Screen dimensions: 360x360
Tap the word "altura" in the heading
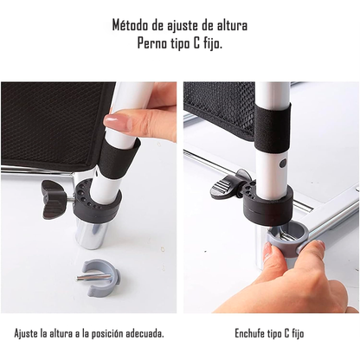pyautogui.click(x=227, y=25)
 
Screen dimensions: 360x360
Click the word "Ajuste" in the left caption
pyautogui.click(x=27, y=333)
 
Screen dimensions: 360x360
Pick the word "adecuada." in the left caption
pyautogui.click(x=139, y=333)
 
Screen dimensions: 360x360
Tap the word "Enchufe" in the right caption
pyautogui.click(x=250, y=333)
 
